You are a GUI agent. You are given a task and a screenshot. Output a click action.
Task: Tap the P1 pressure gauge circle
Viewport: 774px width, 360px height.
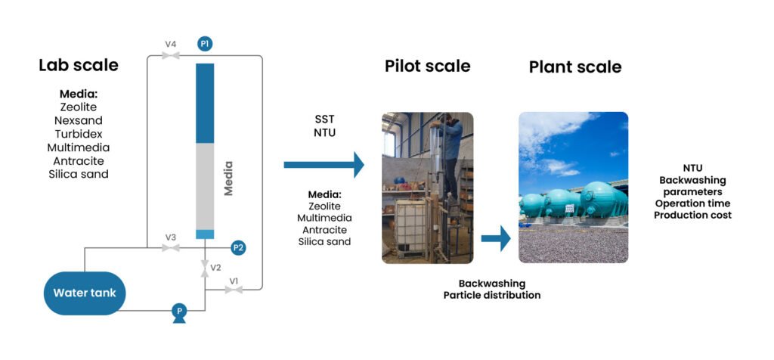[x=205, y=44]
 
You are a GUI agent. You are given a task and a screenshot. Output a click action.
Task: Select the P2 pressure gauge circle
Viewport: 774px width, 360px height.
[x=238, y=247]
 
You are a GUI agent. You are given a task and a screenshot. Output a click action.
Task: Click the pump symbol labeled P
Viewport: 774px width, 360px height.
[x=179, y=311]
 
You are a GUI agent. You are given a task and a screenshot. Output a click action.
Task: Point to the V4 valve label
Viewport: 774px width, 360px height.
[x=171, y=45]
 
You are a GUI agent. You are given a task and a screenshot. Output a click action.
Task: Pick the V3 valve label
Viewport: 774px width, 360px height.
[x=171, y=237]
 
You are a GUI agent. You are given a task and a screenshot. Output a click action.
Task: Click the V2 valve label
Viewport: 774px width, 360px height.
[x=215, y=268]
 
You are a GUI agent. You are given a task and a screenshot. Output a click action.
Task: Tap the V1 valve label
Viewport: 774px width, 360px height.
[x=234, y=281]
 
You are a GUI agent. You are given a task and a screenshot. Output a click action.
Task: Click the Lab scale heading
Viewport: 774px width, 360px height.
[x=79, y=65]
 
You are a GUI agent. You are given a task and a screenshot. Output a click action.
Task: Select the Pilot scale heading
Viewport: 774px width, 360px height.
[x=427, y=66]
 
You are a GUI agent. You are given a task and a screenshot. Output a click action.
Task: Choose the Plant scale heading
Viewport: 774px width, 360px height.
[x=574, y=67]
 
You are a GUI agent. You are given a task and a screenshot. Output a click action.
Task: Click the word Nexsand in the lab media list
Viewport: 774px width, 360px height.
[x=79, y=120]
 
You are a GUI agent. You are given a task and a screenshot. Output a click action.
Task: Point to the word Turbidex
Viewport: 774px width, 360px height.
[x=79, y=134]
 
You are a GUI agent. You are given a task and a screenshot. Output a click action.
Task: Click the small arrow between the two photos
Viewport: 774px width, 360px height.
[x=496, y=239]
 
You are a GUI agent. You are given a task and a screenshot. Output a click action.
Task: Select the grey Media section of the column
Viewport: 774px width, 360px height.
[x=205, y=185]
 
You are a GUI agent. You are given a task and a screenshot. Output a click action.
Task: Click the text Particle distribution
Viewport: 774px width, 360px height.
[x=491, y=295]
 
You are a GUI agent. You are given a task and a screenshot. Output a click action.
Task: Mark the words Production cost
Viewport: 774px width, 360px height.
[x=693, y=215]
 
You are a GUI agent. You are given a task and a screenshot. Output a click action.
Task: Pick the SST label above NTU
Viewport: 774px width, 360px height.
[x=324, y=119]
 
